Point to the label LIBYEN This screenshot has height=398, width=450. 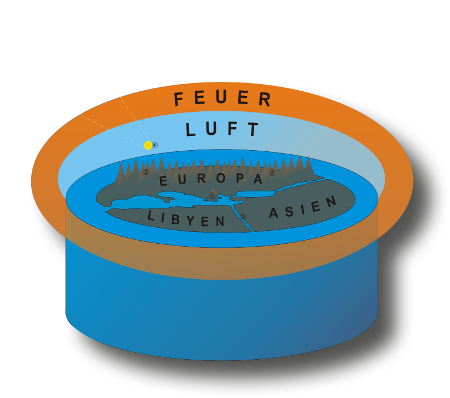[186, 219]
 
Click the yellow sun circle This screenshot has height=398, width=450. [148, 145]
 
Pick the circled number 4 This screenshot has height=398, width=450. [155, 145]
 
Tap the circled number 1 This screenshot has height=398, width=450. [212, 195]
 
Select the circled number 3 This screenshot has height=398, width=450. [242, 217]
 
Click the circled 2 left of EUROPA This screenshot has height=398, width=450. [146, 172]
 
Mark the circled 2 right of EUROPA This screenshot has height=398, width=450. [272, 173]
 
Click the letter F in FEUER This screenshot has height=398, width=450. [179, 99]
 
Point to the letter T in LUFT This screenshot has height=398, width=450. [254, 130]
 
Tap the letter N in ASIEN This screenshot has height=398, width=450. [331, 201]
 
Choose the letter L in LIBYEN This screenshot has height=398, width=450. [151, 215]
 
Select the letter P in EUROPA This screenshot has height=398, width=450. [239, 178]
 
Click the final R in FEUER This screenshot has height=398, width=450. [265, 99]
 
